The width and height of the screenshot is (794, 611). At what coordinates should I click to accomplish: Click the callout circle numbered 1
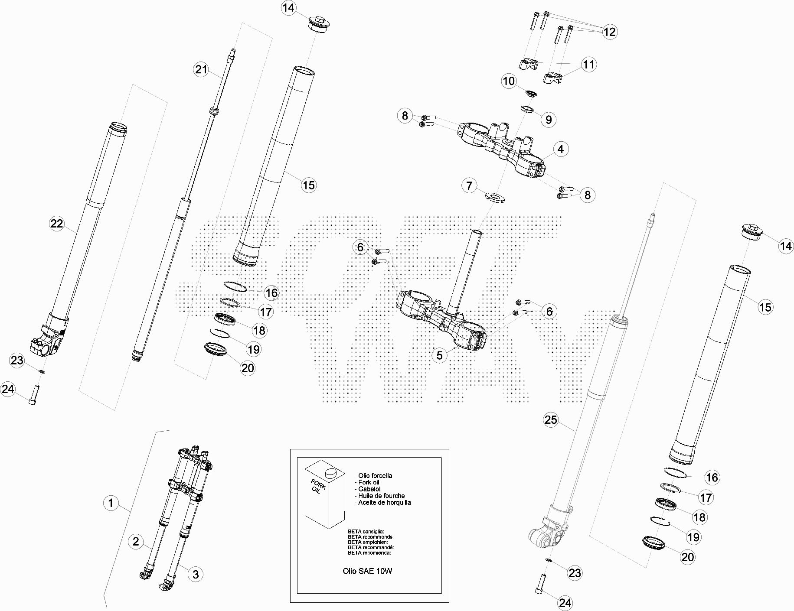(111, 503)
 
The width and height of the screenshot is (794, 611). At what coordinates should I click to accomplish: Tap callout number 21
(201, 69)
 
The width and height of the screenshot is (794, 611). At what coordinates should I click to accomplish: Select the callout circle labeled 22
(57, 224)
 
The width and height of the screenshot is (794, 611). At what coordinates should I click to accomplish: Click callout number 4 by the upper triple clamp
(561, 149)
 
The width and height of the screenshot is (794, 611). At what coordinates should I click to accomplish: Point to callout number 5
(440, 355)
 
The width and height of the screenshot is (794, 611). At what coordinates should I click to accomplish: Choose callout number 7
(469, 186)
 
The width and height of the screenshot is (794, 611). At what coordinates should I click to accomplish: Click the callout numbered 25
(551, 419)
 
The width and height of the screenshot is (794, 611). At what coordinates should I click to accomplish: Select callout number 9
(549, 119)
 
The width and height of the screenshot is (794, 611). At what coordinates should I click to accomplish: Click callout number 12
(610, 32)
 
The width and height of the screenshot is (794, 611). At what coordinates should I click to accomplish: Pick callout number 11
(588, 65)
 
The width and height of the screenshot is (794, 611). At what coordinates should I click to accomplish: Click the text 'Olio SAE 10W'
(367, 571)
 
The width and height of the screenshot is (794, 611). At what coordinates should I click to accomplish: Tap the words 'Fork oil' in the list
(369, 482)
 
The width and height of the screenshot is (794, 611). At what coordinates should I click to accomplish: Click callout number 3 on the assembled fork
(196, 574)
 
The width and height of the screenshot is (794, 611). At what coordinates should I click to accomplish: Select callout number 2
(136, 541)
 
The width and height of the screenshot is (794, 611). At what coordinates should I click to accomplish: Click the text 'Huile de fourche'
(382, 496)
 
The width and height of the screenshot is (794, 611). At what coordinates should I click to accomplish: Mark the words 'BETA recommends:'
(371, 537)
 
